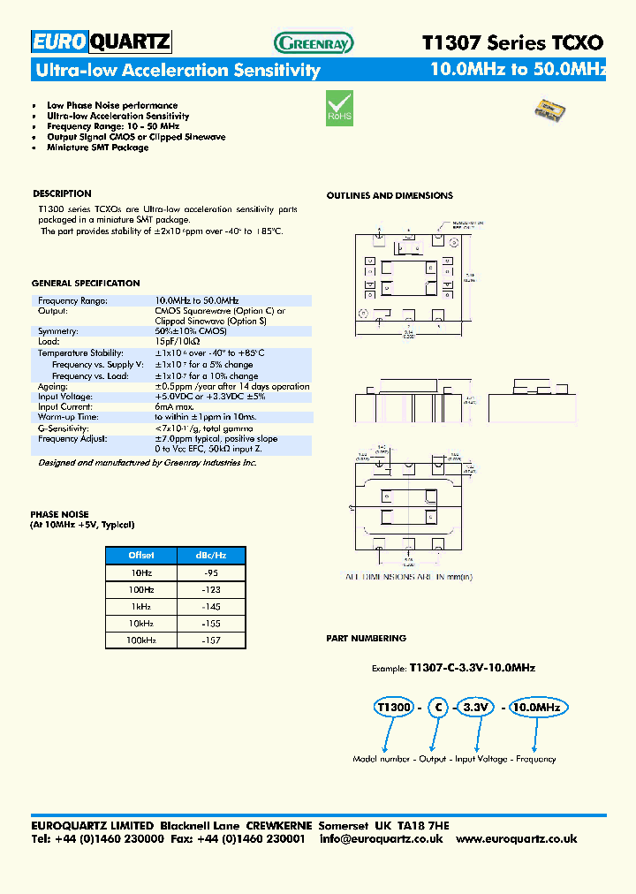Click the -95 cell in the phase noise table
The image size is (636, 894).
coord(210,572)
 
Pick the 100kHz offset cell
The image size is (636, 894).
coord(140,640)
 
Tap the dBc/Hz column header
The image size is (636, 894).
coord(210,556)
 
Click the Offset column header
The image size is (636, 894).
coord(140,556)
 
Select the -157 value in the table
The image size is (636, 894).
coord(210,640)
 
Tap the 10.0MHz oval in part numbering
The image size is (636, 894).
coord(537,708)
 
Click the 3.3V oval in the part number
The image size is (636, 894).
coord(474,708)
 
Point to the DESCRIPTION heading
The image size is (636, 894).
coord(62,193)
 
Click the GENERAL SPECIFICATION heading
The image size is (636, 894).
coord(86,284)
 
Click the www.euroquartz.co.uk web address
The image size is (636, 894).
coord(517,838)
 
